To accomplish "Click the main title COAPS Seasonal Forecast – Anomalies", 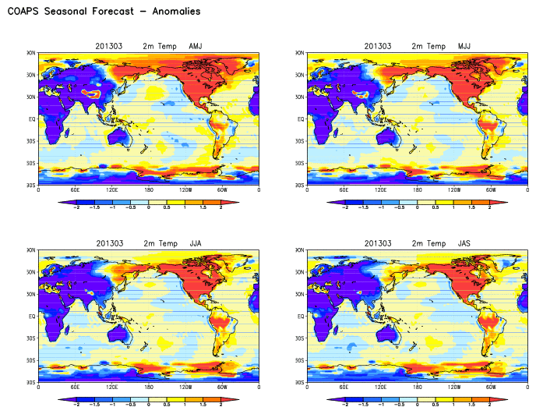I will (x=104, y=12).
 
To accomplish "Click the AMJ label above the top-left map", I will (x=196, y=47).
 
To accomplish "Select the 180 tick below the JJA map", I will (x=149, y=387).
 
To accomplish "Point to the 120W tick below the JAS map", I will (x=454, y=387).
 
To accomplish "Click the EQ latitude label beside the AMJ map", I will (x=32, y=119).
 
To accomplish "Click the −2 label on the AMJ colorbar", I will (x=76, y=208).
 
